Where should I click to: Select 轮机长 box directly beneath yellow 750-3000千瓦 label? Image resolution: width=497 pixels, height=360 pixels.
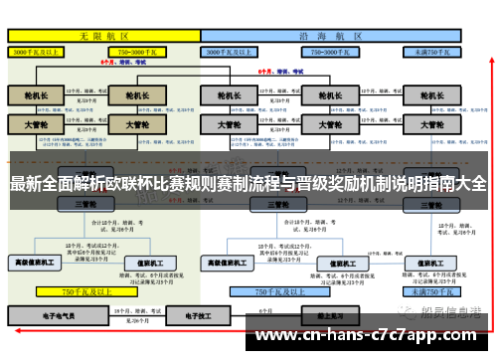(x=132, y=96)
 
